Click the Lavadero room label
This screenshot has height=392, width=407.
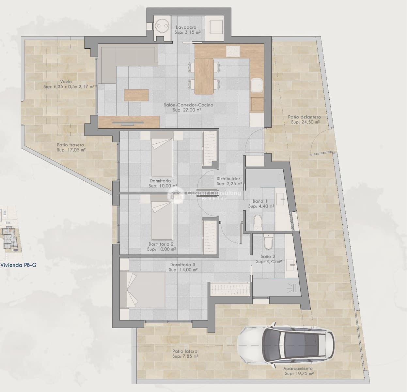point(186,27)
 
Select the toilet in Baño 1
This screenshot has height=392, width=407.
point(258,222)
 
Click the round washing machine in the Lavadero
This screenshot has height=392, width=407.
point(161,25)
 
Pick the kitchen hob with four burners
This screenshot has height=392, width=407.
point(233,51)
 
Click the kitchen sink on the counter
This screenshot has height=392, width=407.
point(257,86)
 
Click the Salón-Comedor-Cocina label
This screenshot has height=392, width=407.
point(189,105)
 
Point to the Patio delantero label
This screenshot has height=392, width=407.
point(304,117)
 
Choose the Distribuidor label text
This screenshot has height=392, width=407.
point(228,179)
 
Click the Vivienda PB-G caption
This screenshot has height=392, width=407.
point(18,265)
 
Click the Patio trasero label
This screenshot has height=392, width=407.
point(70,145)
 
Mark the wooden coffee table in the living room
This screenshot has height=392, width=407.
point(136,95)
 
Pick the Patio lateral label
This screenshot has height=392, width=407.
point(185,351)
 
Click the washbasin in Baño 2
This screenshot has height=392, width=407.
point(290,265)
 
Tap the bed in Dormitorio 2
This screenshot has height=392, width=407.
point(162,217)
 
